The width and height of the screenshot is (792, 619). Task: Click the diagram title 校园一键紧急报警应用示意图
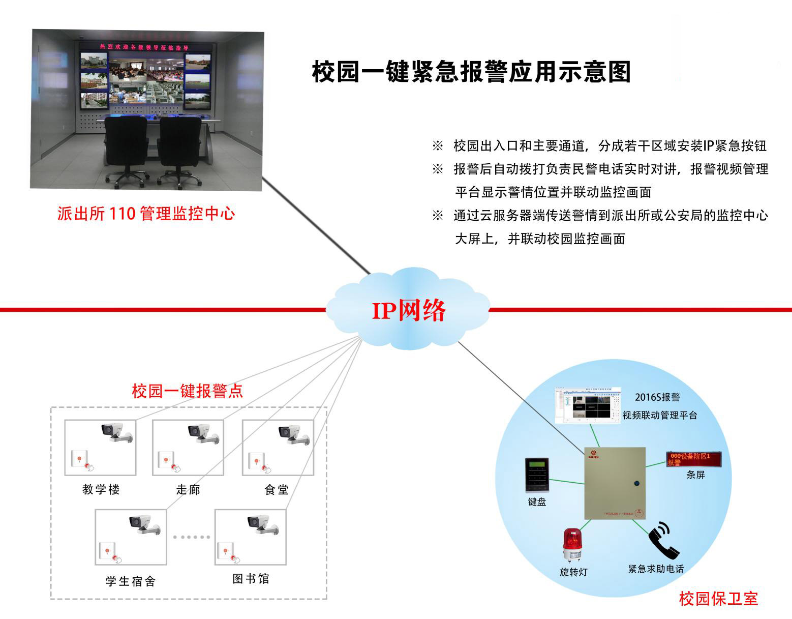(x=471, y=72)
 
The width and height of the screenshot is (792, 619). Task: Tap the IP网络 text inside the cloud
(x=409, y=311)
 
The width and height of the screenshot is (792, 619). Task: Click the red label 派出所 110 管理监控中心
(x=146, y=213)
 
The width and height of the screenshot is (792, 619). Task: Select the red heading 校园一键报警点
(x=187, y=391)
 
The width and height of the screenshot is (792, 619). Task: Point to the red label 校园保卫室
(x=718, y=599)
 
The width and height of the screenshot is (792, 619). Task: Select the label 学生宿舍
(x=130, y=581)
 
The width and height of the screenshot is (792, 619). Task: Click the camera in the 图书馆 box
(x=262, y=524)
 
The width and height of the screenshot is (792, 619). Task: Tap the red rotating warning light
(x=572, y=546)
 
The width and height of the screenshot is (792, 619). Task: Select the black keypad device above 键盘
(x=537, y=475)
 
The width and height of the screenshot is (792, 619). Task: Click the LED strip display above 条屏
(x=694, y=459)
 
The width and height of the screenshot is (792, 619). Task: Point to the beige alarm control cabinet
(x=615, y=483)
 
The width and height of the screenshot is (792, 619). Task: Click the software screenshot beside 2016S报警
(x=588, y=405)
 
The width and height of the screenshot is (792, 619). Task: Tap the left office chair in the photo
(x=126, y=148)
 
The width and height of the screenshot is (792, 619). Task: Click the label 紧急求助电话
(x=656, y=569)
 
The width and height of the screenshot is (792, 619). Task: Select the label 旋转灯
(x=573, y=572)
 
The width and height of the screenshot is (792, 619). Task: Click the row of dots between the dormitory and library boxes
(x=191, y=537)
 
